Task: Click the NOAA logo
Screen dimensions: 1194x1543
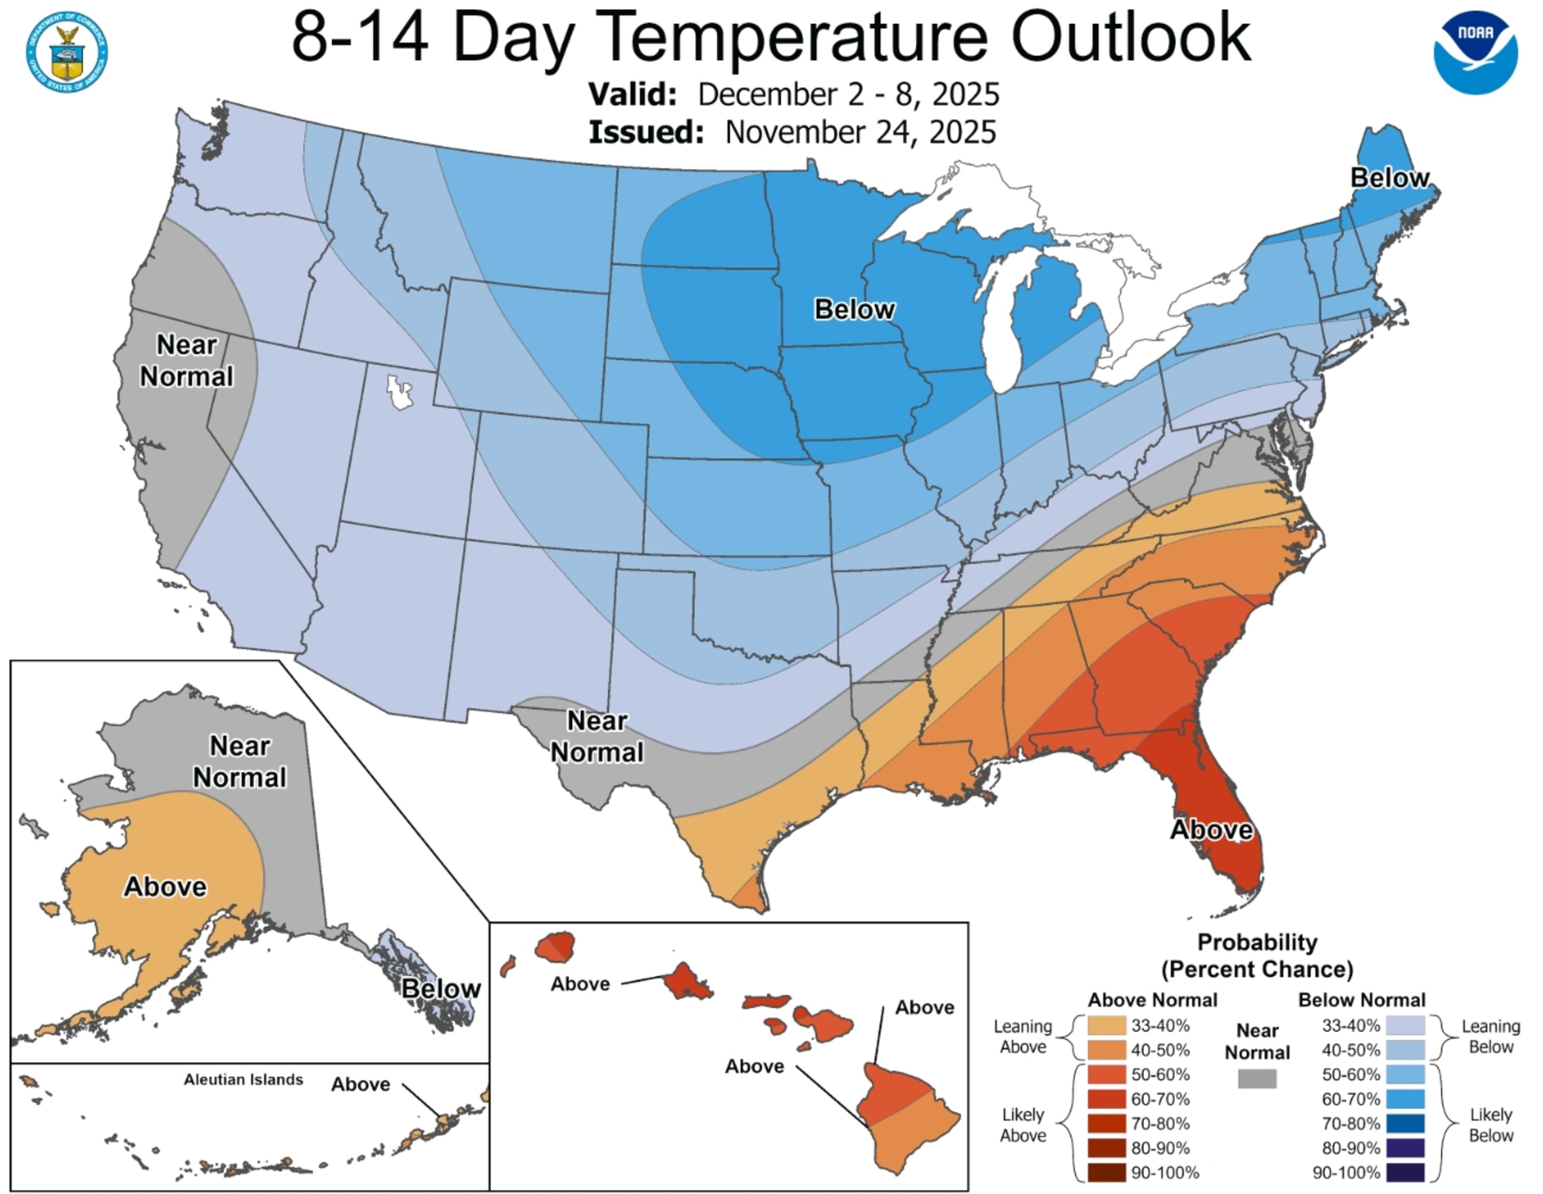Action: pos(1475,52)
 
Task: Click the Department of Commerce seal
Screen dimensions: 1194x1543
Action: pos(67,52)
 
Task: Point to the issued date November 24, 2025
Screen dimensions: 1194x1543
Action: pos(860,132)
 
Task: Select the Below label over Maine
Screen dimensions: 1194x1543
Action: pos(1389,178)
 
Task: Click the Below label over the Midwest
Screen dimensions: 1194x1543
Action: pos(854,309)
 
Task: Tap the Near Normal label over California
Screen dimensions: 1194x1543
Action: pos(187,361)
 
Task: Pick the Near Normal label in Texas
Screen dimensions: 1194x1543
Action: pos(597,737)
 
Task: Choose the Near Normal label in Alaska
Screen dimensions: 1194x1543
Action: pos(240,761)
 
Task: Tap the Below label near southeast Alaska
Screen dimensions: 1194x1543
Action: pos(441,988)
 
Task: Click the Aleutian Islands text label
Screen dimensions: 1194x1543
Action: pos(243,1079)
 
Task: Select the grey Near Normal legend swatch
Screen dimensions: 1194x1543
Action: pos(1257,1078)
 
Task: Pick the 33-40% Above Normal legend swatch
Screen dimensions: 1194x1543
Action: pos(1107,1025)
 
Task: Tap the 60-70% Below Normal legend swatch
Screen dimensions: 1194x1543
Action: pos(1405,1099)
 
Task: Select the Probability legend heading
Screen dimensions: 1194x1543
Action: pos(1257,943)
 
